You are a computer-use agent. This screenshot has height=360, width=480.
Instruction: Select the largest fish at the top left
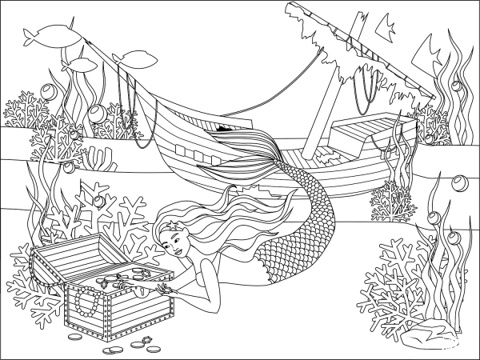[46, 33]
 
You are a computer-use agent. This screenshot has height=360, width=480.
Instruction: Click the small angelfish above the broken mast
[384, 29]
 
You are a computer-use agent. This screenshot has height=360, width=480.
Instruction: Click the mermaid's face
[178, 240]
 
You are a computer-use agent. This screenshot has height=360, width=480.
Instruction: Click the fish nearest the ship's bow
[136, 57]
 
